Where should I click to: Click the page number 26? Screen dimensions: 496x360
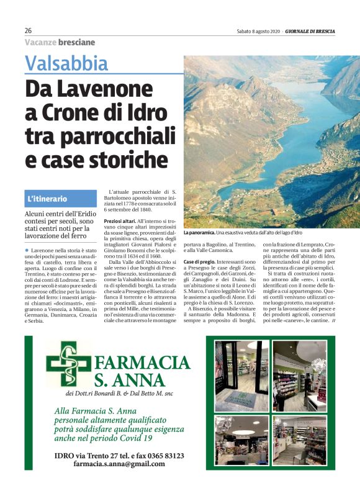pos(28,31)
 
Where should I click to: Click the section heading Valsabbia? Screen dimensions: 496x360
pos(66,63)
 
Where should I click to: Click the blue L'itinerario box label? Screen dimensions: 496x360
pos(47,199)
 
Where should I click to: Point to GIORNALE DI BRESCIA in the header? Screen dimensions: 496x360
pos(320,31)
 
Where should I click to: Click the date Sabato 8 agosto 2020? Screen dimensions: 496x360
pos(258,31)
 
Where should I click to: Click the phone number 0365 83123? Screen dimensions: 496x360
pos(164,455)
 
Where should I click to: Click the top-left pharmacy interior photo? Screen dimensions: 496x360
pos(242,375)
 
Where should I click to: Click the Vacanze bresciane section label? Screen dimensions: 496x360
pos(60,42)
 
